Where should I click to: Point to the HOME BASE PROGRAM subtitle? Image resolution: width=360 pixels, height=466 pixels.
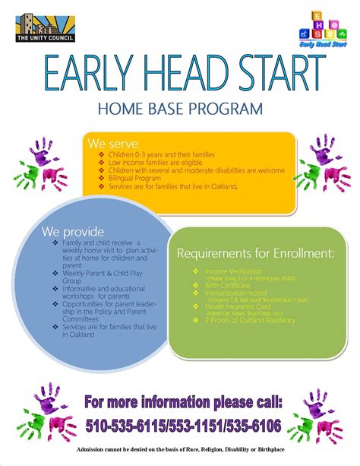click(x=179, y=109)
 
